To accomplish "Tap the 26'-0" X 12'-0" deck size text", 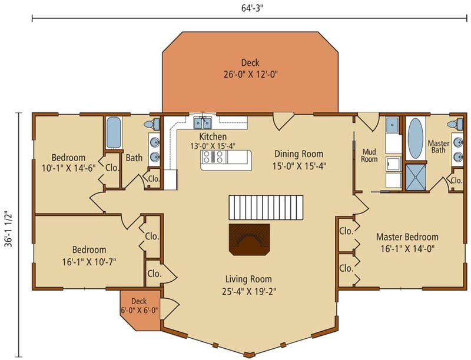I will click(x=250, y=75).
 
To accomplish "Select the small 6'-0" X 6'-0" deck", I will click(x=140, y=306).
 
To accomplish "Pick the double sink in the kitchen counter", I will click(x=204, y=122).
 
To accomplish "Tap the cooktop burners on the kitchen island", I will click(x=213, y=157).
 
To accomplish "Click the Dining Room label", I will click(x=300, y=154).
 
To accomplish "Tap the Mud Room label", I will click(x=369, y=155).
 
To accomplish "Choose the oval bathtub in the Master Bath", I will click(x=416, y=138).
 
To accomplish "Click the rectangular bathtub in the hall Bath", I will click(x=114, y=132).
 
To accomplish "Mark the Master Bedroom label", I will click(x=407, y=237).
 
